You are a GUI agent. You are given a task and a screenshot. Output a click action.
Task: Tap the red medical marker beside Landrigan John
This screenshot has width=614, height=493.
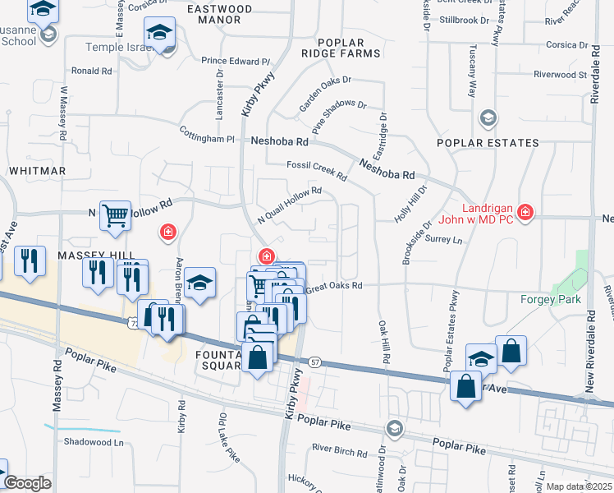pos(525,214)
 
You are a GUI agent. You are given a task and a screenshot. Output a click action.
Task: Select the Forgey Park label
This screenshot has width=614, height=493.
pos(551,299)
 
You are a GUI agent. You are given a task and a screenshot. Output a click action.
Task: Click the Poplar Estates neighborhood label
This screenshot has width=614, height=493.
pos(488,143)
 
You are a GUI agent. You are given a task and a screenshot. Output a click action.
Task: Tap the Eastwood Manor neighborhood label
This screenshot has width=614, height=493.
pos(219,14)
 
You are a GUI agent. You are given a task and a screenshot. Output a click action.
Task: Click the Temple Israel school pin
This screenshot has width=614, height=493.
pos(159,34)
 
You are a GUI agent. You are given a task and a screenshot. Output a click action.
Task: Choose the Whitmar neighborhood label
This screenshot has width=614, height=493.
pos(37,171)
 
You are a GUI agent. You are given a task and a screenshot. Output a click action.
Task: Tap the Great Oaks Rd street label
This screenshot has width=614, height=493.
pos(333,286)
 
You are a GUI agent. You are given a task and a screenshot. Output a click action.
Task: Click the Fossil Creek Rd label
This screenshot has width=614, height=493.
pos(317,171)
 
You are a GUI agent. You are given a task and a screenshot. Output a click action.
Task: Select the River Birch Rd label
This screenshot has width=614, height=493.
pos(339,450)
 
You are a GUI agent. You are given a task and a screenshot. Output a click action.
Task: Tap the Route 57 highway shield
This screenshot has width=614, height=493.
pos(315,362)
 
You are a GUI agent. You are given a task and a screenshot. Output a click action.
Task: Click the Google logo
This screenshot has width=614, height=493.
pos(27,483)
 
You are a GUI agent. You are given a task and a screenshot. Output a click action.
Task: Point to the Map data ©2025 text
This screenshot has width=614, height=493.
pos(578,486)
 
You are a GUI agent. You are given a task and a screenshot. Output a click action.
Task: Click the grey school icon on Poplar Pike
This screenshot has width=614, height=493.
pos(395,429)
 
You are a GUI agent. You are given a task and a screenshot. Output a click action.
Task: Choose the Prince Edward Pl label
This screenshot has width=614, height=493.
pos(236,62)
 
